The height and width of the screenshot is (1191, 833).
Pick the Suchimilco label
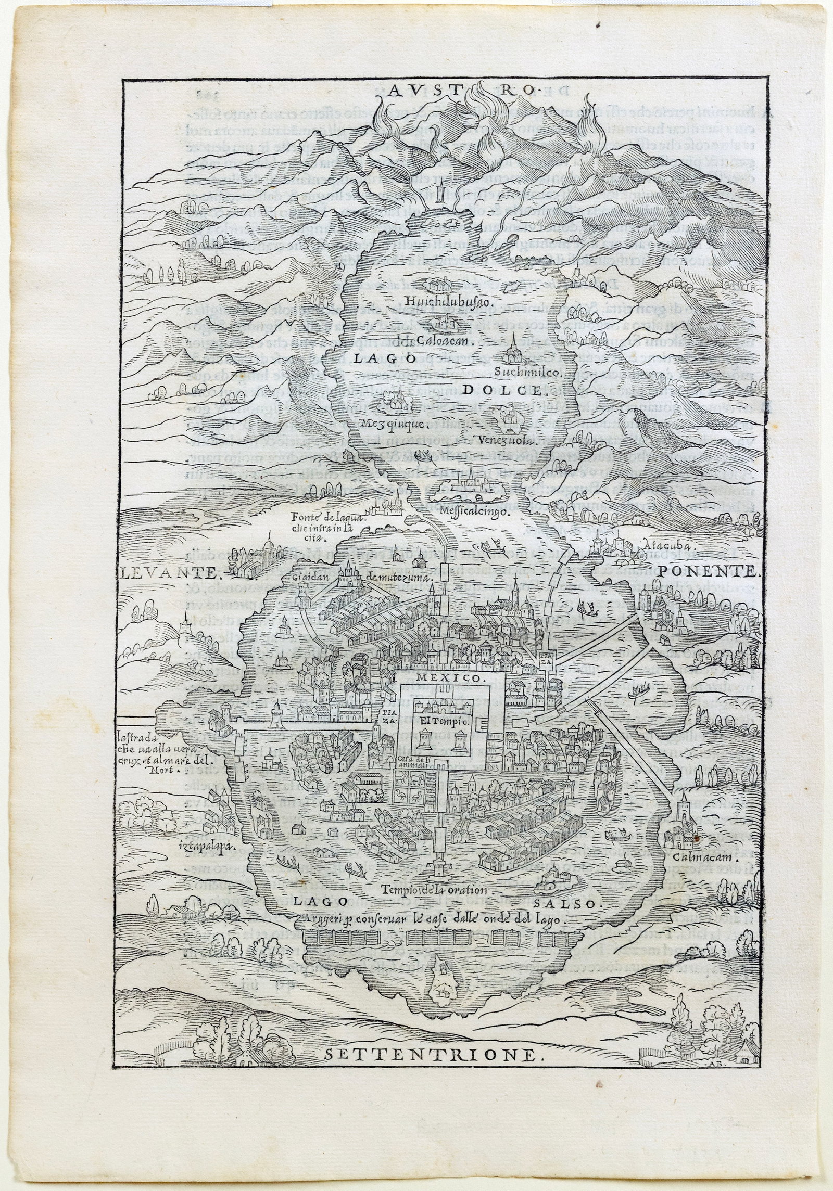(527, 373)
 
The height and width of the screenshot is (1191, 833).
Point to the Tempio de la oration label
(433, 890)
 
